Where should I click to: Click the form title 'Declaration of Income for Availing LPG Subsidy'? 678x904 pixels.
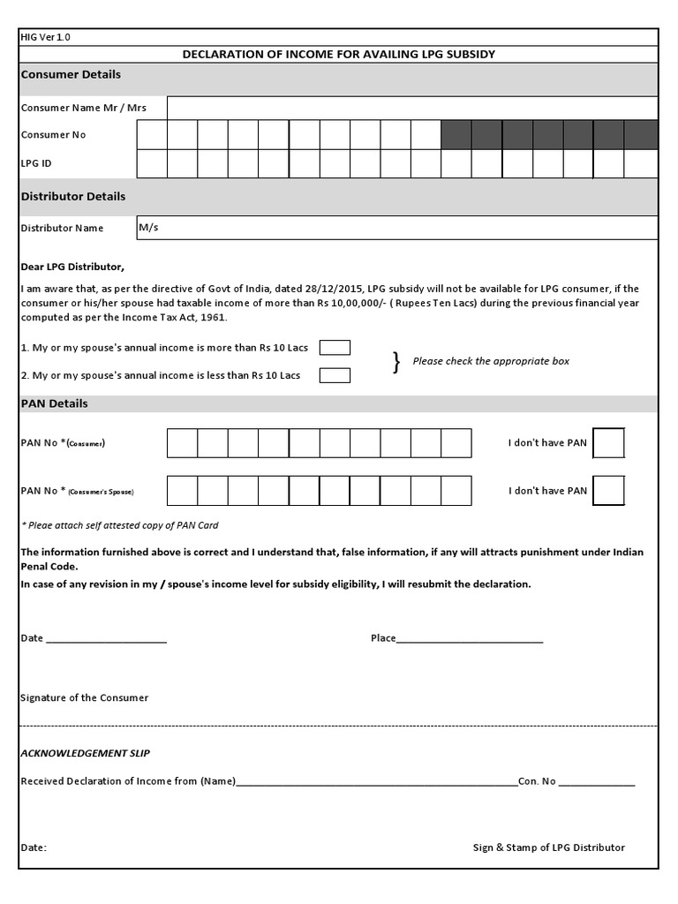click(338, 54)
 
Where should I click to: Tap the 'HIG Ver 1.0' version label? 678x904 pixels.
click(45, 37)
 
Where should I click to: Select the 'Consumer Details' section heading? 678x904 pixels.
click(71, 75)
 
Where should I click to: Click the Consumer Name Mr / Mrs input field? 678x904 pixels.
click(411, 107)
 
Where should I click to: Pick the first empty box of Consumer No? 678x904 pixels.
click(152, 135)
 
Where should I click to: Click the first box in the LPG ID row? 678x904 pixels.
click(152, 163)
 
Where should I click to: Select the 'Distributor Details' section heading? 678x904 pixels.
click(73, 196)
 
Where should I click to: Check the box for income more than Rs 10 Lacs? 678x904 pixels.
click(335, 347)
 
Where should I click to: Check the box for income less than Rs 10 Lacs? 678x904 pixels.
click(335, 375)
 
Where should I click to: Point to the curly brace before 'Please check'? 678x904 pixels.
click(396, 362)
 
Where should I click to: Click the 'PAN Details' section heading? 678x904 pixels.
click(54, 403)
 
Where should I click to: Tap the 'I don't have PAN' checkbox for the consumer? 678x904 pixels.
click(608, 443)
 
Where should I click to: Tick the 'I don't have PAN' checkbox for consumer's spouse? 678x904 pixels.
click(608, 490)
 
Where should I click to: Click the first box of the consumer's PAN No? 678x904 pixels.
click(182, 443)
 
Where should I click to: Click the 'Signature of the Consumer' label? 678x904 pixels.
click(85, 697)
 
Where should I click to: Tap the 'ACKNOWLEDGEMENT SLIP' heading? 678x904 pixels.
click(85, 753)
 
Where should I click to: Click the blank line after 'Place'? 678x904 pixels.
click(470, 639)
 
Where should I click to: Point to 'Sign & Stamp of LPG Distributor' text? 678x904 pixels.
click(548, 847)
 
